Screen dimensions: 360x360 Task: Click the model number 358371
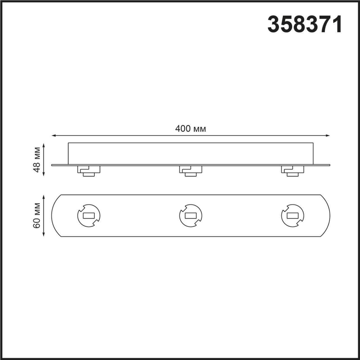pos(305,24)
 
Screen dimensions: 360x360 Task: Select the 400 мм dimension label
pos(190,129)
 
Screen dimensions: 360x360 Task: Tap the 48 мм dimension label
pos(37,159)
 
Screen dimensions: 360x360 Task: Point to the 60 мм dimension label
pos(37,215)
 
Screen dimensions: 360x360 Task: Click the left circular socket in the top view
pos(89,216)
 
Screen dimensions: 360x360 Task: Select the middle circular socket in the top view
pos(190,216)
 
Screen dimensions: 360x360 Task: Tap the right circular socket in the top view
pos(292,216)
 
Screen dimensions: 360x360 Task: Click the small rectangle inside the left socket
pos(89,216)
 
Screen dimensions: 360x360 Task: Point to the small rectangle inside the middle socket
pos(190,216)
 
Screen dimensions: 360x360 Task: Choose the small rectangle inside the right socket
pos(292,216)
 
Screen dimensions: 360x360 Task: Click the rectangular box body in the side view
pos(190,154)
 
